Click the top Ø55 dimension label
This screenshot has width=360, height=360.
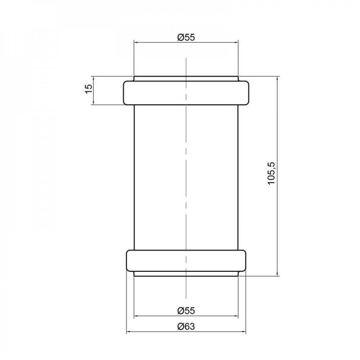point(186,37)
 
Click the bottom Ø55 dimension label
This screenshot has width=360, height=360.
point(186,311)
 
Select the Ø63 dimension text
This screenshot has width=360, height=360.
point(186,327)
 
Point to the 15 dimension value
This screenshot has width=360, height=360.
point(89,88)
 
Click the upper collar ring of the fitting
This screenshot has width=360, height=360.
point(186,93)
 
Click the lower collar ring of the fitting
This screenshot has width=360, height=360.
point(186,260)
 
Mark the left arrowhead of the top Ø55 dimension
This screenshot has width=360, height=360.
point(136,42)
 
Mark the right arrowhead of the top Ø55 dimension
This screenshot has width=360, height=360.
point(236,42)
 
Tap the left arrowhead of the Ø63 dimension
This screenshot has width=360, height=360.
point(129,332)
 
